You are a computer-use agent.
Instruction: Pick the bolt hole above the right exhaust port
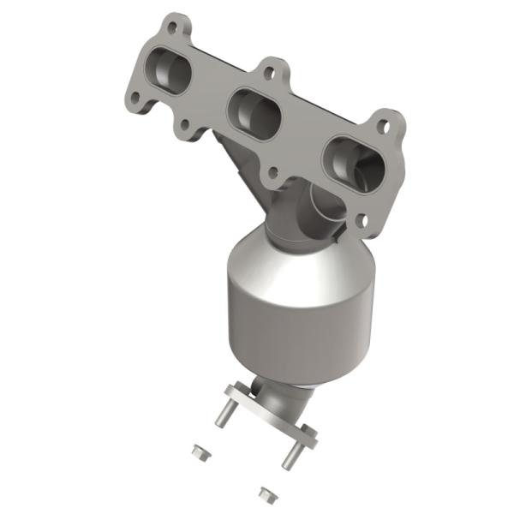pos(384,127)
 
